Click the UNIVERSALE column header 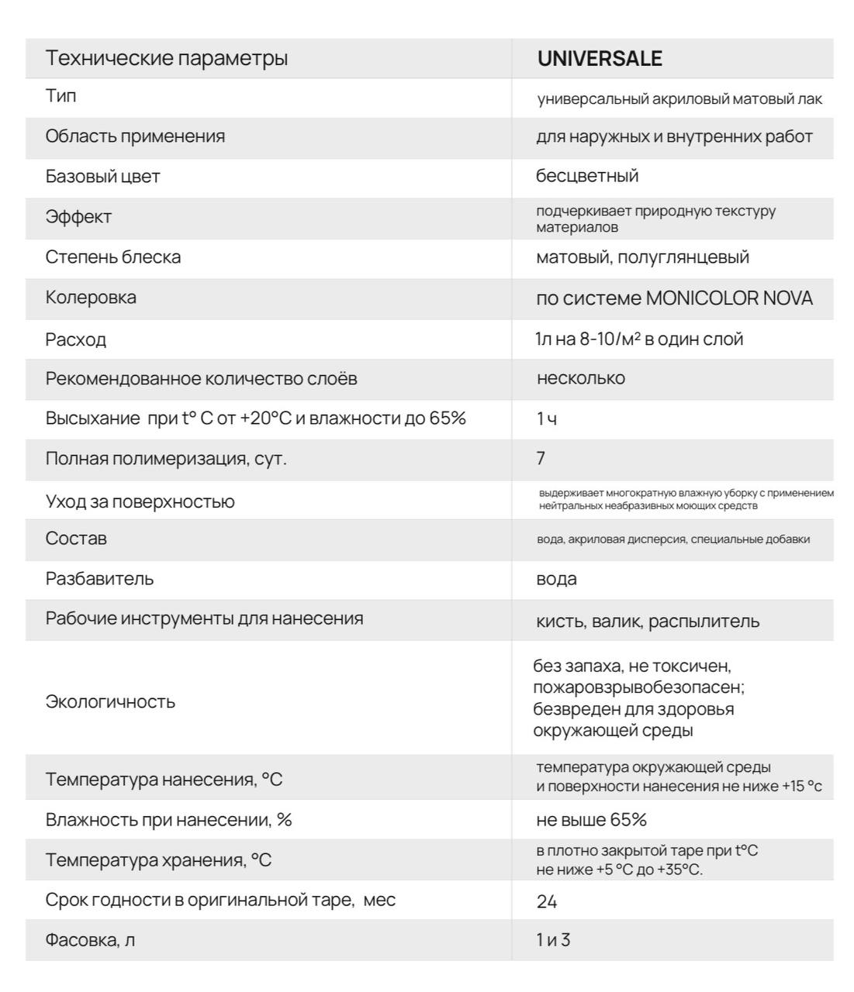[600, 59]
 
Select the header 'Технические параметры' [166, 58]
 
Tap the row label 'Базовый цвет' [102, 177]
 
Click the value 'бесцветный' [587, 176]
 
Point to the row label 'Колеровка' [91, 298]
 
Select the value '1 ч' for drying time [547, 419]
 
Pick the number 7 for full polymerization [541, 459]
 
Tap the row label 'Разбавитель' [99, 579]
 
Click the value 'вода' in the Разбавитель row [556, 579]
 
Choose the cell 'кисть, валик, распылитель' [648, 622]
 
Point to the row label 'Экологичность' [110, 702]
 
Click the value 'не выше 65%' [591, 820]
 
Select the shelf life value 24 [547, 902]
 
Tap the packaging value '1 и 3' [553, 941]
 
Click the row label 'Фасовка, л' [90, 941]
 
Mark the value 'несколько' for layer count [581, 379]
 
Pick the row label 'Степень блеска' [113, 257]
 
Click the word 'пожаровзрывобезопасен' [638, 687]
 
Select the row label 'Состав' [76, 539]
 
